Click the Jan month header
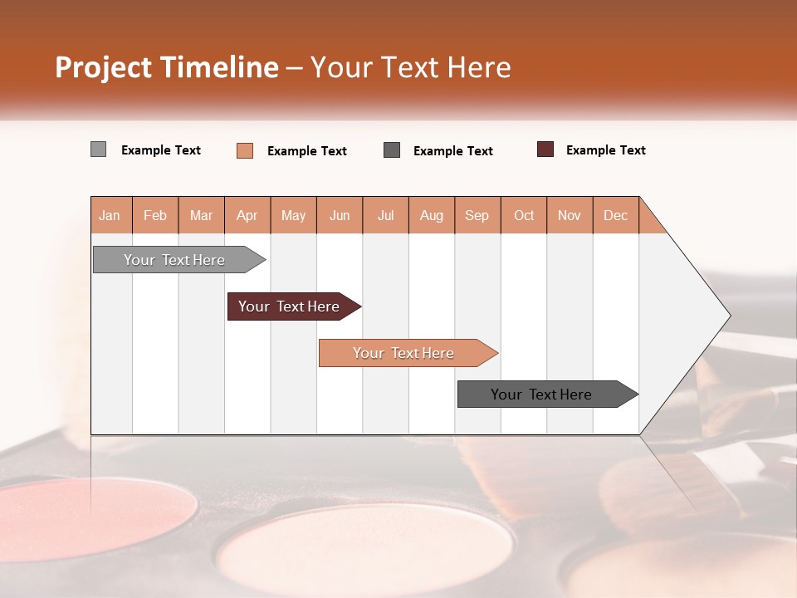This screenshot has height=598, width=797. click(110, 215)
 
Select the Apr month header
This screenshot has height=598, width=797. click(247, 215)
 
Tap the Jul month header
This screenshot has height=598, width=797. click(385, 215)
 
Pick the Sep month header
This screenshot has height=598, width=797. click(477, 215)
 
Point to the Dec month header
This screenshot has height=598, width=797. click(615, 215)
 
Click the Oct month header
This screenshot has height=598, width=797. click(524, 215)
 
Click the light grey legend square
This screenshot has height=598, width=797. click(98, 149)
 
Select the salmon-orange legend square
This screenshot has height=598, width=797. click(245, 150)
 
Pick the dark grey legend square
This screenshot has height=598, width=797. click(392, 149)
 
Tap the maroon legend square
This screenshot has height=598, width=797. click(545, 149)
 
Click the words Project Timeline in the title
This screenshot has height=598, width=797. click(166, 67)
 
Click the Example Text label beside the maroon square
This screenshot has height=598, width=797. click(605, 150)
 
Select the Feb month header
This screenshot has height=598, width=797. click(155, 215)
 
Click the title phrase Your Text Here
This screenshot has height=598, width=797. click(410, 67)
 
